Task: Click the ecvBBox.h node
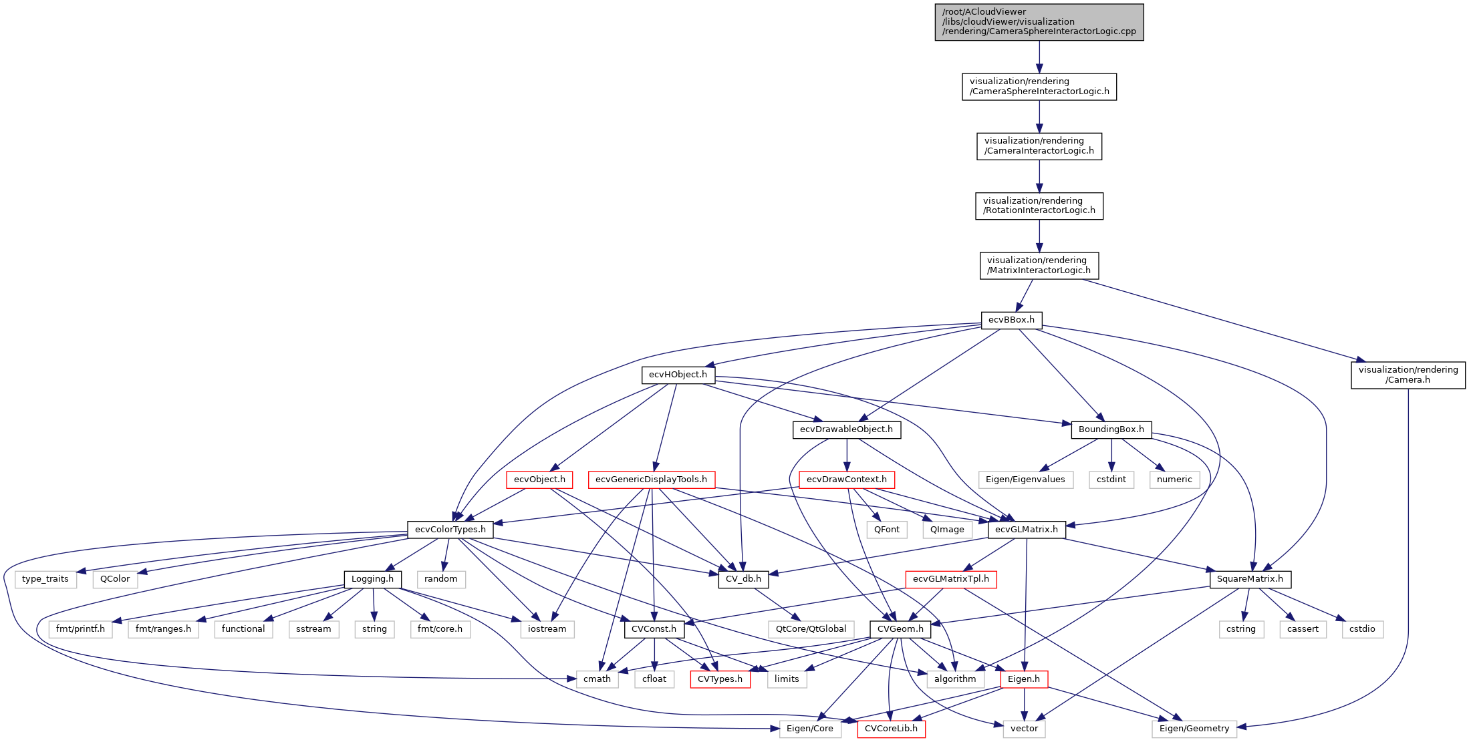pos(1011,320)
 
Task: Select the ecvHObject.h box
pos(678,375)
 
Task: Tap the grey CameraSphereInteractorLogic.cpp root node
pos(1039,22)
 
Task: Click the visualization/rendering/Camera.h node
pos(1408,375)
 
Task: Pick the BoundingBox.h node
pos(1111,429)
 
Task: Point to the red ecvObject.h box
pos(539,480)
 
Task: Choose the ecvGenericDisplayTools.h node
pos(651,480)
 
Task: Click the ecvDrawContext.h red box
pos(846,480)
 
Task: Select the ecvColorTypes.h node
pos(450,530)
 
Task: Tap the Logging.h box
pos(372,579)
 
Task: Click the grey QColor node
pos(115,579)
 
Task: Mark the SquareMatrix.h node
pos(1250,579)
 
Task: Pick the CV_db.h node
pos(743,579)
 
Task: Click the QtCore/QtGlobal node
pos(811,629)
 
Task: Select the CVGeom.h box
pos(900,629)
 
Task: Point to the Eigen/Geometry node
pos(1194,729)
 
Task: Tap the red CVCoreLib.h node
pos(891,729)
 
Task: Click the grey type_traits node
pos(45,579)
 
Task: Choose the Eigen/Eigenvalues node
pos(1025,480)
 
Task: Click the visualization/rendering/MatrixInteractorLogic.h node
pos(1039,265)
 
